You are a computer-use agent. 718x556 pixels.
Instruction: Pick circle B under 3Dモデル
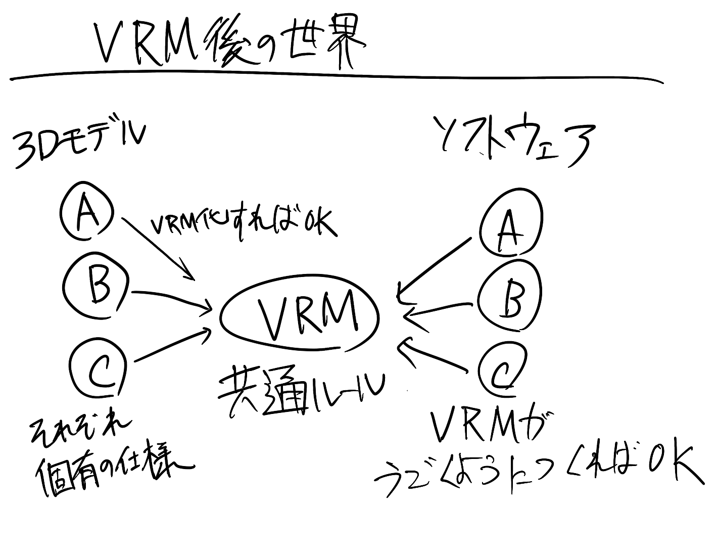coord(97,285)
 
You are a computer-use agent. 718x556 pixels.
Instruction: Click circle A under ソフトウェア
coord(510,223)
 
